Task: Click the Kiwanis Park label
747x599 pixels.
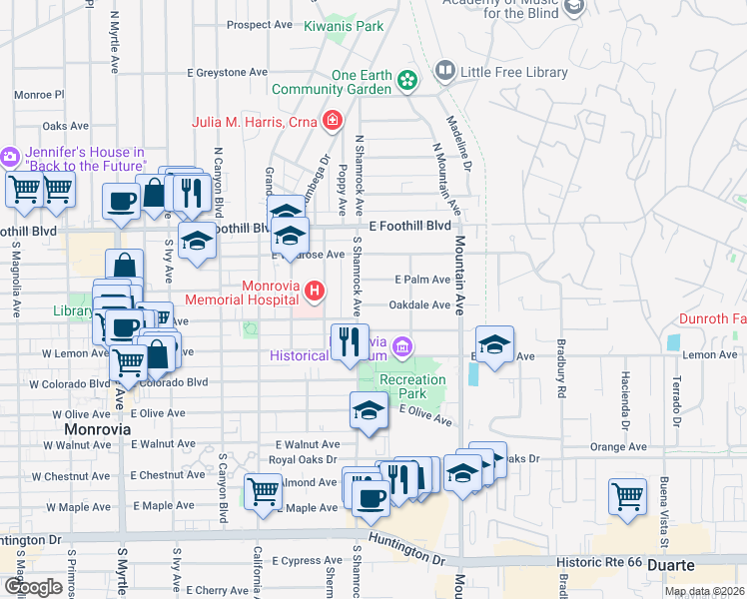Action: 344,26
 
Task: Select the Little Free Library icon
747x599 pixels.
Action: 444,72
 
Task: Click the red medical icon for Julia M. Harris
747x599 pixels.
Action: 333,123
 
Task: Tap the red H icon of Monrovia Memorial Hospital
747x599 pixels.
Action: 316,292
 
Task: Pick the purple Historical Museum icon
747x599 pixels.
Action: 401,346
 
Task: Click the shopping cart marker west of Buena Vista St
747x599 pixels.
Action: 628,495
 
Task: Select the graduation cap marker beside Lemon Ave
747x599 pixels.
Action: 494,345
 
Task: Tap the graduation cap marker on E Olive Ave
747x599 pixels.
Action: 369,409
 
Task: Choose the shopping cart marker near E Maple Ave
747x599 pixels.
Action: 263,490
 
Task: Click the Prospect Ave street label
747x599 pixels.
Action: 262,25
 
